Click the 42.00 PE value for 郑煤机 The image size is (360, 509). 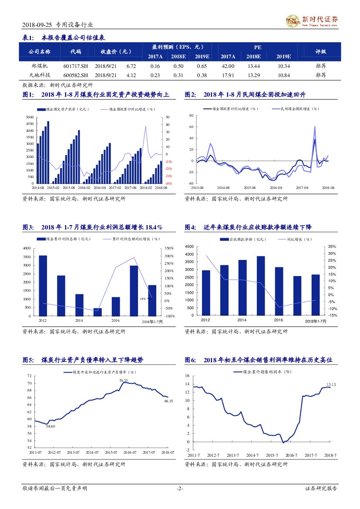(x=228, y=66)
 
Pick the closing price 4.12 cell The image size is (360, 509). (x=131, y=75)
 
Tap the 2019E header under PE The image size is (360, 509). (x=283, y=57)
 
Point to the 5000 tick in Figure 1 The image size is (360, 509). (x=29, y=118)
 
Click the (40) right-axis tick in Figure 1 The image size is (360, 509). (x=169, y=183)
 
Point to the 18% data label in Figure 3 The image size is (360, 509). (x=142, y=299)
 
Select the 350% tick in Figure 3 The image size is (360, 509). (x=169, y=248)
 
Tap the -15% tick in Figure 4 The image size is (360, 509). (x=332, y=316)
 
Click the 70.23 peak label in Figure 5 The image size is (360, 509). (x=124, y=381)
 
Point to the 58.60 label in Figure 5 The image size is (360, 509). (x=50, y=426)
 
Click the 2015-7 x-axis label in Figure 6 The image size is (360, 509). (x=272, y=455)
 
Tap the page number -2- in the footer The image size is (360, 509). (x=180, y=489)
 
